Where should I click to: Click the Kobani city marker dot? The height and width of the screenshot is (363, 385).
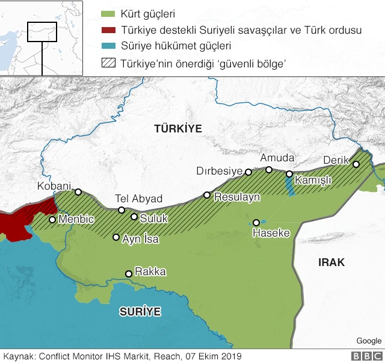click(x=78, y=192)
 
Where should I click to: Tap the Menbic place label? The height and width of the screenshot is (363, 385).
click(x=76, y=220)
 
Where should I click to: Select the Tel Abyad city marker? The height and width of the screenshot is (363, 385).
click(x=122, y=210)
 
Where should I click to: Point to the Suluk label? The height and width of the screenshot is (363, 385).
click(x=154, y=219)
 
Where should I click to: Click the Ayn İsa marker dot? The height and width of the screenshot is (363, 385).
click(x=116, y=237)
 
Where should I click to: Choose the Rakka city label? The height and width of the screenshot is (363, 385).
click(x=150, y=271)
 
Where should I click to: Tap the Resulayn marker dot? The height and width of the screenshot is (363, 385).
click(x=207, y=195)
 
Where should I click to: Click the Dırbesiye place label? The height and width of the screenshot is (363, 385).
click(x=219, y=171)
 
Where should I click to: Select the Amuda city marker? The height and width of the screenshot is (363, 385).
click(x=269, y=170)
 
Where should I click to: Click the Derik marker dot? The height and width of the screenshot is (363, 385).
click(x=356, y=164)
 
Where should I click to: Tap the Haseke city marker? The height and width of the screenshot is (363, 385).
click(x=256, y=222)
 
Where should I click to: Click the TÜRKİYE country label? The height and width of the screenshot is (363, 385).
click(x=178, y=129)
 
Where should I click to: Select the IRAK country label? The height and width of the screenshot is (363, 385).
click(x=331, y=262)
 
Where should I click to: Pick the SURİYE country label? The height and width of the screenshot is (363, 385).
click(x=140, y=311)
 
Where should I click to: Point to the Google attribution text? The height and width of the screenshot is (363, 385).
click(x=368, y=341)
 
